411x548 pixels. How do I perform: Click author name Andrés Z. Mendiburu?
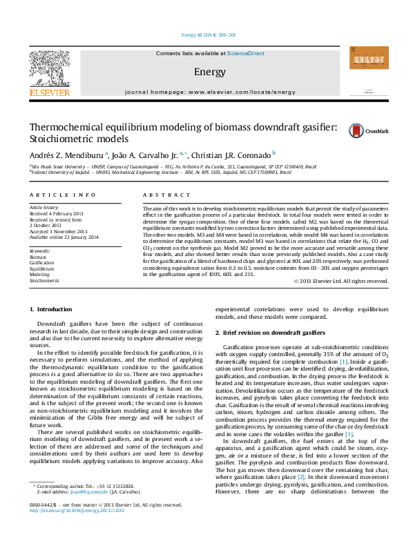pos(66,155)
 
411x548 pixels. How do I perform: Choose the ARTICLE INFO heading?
pos(62,196)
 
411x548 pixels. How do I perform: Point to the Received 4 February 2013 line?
pos(58,213)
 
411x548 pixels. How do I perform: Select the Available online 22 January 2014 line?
pos(64,237)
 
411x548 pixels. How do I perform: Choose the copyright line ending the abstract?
pos(341,300)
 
